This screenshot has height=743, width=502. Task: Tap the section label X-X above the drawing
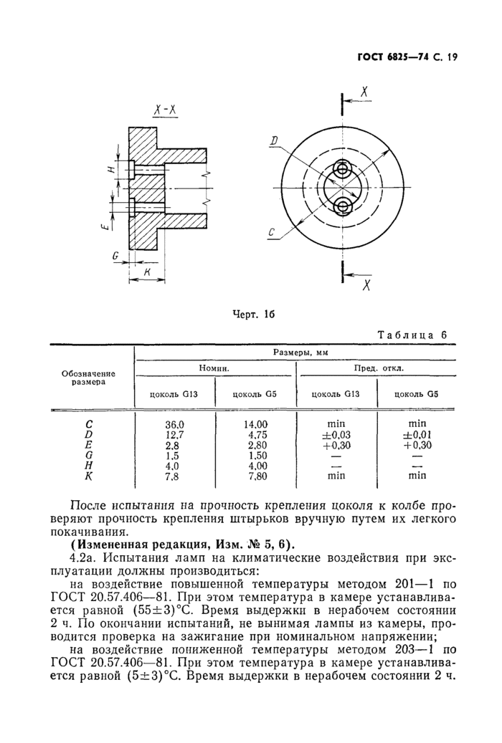tap(166, 110)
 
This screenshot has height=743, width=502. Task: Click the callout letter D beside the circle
tap(274, 142)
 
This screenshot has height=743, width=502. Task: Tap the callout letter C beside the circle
tap(273, 232)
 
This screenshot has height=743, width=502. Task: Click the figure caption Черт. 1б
tap(255, 313)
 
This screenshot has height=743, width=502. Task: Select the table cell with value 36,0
tap(176, 424)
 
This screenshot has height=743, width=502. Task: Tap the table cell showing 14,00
tap(256, 424)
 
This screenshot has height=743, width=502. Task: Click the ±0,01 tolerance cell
tap(417, 434)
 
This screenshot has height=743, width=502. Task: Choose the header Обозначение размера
tap(88, 378)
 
